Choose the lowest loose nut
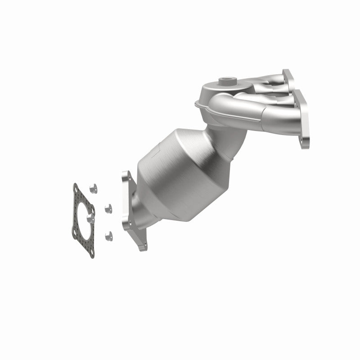[107, 235]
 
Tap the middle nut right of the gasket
[108, 208]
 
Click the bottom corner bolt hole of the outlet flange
[142, 246]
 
